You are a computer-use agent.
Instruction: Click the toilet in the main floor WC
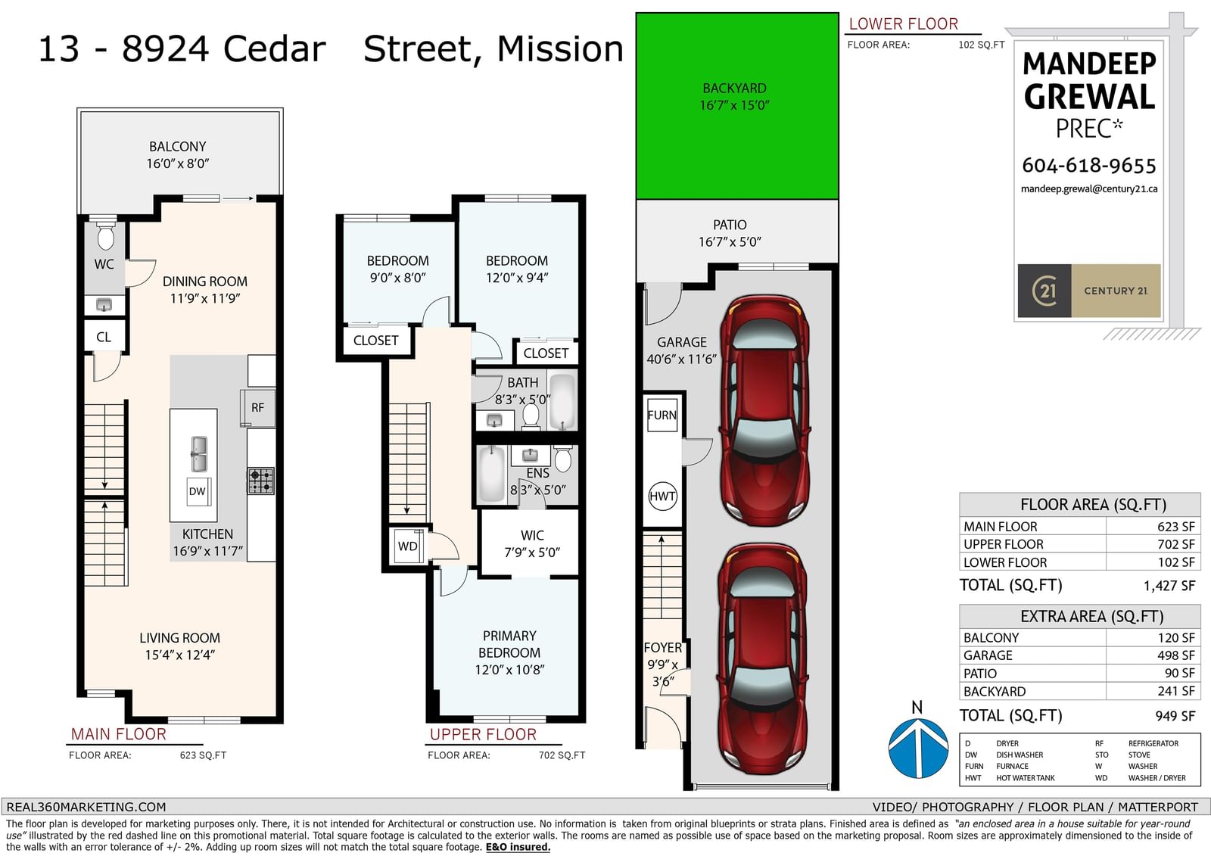point(105,236)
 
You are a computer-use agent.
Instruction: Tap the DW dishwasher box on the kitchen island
point(198,491)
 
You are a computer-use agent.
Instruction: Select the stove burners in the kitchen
point(260,481)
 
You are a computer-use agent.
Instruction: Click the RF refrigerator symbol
point(258,408)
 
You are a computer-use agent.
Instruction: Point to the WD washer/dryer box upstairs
point(407,546)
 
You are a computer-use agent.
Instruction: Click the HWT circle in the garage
point(662,496)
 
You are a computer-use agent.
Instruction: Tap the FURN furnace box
point(662,415)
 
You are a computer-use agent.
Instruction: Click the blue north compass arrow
point(918,747)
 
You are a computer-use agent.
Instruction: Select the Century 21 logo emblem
point(1044,291)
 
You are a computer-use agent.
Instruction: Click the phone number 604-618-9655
point(1089,166)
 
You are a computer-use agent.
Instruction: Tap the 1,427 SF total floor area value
point(1169,586)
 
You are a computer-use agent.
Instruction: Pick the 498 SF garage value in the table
point(1176,655)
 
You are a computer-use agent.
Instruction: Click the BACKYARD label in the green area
point(734,88)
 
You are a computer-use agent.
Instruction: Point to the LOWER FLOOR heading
point(904,23)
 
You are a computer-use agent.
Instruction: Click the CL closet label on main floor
point(104,337)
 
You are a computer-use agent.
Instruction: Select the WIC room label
point(533,535)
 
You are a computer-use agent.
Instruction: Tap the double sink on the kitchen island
point(198,453)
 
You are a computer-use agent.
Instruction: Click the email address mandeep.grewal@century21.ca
point(1089,188)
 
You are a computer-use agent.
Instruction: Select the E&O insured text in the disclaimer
point(518,847)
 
